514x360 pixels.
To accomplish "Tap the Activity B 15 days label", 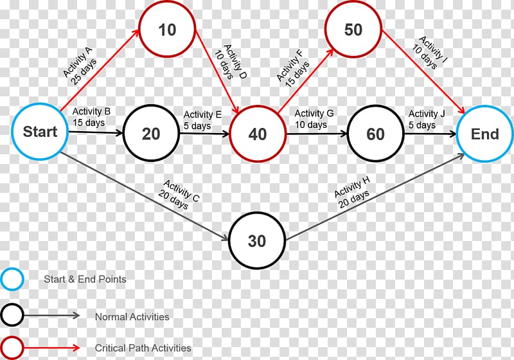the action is (x=91, y=117).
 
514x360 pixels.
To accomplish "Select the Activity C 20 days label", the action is (x=179, y=194).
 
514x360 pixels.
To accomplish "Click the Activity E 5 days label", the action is (x=202, y=120).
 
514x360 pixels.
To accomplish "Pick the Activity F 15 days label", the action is (x=293, y=69).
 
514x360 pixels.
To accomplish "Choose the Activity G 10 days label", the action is (x=314, y=119).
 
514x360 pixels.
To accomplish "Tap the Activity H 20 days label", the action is (x=352, y=192).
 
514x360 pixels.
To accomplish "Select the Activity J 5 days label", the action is (x=427, y=120).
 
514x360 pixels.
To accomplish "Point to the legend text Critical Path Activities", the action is (x=143, y=348).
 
